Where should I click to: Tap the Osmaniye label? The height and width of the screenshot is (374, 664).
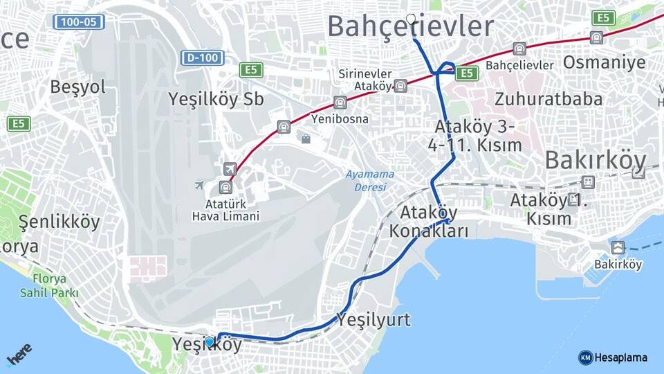click(604, 62)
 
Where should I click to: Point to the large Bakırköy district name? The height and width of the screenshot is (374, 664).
click(596, 160)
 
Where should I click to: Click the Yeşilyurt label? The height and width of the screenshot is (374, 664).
click(373, 320)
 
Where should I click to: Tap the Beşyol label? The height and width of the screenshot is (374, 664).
click(77, 87)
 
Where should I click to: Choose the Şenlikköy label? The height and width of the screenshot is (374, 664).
click(59, 222)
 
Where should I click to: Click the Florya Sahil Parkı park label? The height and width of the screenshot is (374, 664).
click(49, 286)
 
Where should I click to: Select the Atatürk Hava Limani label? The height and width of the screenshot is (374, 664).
click(225, 211)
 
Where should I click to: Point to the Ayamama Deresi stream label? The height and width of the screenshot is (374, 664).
click(370, 181)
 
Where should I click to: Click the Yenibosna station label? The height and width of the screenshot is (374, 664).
click(340, 118)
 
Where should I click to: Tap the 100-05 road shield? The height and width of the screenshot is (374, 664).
click(79, 22)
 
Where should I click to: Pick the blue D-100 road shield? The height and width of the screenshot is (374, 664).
click(203, 57)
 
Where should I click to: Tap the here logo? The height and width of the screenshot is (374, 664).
click(19, 355)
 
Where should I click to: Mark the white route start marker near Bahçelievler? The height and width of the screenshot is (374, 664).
click(412, 19)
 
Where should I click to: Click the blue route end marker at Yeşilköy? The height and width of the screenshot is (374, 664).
click(210, 341)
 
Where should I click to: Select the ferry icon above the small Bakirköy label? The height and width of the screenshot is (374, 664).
click(618, 247)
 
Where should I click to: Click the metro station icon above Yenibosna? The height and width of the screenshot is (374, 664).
click(340, 103)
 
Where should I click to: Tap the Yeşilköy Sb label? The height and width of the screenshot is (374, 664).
click(216, 99)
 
